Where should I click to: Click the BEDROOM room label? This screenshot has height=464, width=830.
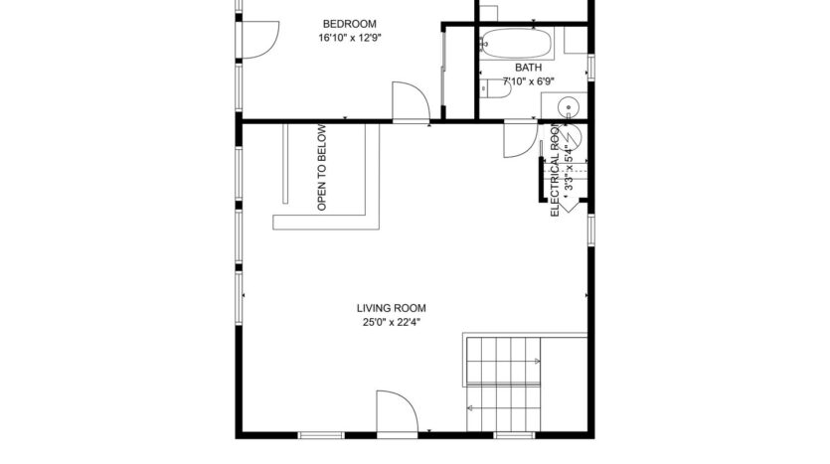coord(350,24)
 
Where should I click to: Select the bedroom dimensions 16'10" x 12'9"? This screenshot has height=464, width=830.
coord(350,38)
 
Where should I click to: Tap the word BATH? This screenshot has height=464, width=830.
coord(528,68)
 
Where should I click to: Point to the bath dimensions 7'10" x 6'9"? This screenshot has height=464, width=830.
coord(528,80)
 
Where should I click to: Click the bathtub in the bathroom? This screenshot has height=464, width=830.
coord(515,44)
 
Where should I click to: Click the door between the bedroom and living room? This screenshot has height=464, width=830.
coord(410,102)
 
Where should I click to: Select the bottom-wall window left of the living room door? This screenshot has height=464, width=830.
coord(315,435)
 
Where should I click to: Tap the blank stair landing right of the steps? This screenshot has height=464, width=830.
coord(566,384)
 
